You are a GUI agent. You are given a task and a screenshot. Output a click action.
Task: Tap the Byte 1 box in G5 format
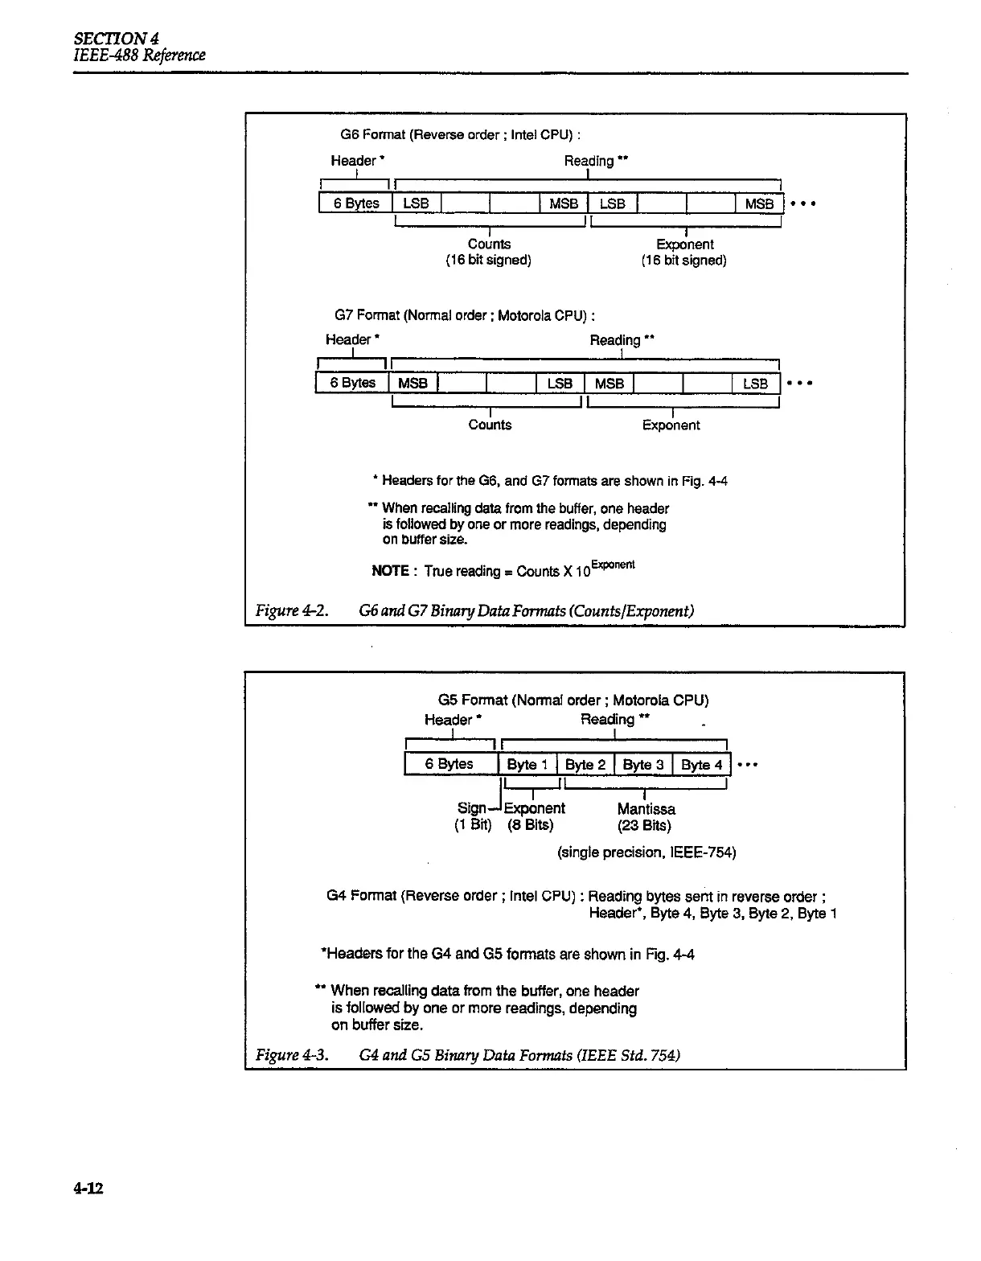527,764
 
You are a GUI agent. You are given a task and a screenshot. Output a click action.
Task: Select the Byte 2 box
585,764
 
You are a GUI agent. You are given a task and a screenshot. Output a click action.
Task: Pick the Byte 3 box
643,764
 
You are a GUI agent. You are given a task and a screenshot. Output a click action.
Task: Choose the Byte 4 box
701,764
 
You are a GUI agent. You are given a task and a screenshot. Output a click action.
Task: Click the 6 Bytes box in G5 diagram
449,763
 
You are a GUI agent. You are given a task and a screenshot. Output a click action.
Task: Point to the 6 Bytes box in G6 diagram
355,203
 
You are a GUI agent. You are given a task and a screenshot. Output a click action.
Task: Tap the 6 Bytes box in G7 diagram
352,383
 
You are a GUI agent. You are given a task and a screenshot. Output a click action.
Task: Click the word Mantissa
646,809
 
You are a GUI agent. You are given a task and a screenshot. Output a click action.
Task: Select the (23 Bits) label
644,825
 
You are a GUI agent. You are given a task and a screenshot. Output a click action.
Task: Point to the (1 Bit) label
473,825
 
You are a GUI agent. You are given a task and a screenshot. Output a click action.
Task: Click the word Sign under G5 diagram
471,808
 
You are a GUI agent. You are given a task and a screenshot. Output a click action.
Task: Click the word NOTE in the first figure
390,571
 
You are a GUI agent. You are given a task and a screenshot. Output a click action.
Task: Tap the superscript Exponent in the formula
614,565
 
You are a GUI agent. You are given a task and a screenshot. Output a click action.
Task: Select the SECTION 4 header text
116,39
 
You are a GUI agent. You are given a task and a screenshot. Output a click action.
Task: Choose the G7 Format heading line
464,315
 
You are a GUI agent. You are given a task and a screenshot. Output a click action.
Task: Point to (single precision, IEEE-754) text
646,852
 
